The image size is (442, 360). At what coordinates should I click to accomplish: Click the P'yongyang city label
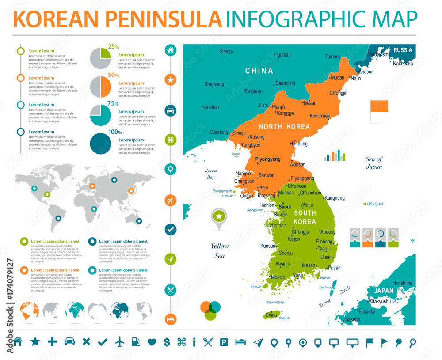(x=268, y=159)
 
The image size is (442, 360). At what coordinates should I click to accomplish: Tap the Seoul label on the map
(x=285, y=207)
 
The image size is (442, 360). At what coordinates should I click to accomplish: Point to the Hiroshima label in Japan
(x=402, y=283)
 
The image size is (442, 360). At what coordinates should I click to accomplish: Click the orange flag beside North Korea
(x=379, y=106)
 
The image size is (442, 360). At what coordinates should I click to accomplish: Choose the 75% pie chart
(x=100, y=115)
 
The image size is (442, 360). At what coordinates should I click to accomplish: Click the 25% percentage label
(x=114, y=46)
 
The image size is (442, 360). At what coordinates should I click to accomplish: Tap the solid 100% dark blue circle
(x=100, y=144)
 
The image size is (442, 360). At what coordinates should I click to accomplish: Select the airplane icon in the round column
(x=171, y=200)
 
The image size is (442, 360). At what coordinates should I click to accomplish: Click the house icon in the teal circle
(x=171, y=50)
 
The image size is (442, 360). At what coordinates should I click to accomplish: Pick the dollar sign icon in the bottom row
(x=167, y=341)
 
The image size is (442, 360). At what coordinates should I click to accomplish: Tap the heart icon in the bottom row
(x=152, y=341)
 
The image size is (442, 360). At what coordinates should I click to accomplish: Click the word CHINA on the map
(x=259, y=71)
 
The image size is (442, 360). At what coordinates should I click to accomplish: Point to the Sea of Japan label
(x=373, y=163)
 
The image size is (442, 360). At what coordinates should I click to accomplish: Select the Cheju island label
(x=271, y=315)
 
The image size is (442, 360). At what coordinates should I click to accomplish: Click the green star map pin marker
(x=218, y=216)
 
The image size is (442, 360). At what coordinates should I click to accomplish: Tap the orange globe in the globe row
(x=30, y=310)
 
